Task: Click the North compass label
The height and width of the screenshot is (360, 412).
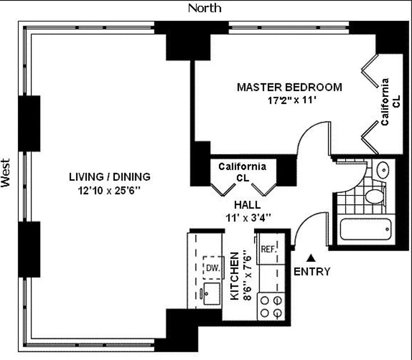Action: pos(204,8)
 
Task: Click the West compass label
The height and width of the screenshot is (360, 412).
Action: pos(5,172)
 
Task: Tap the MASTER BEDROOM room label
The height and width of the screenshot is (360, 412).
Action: pos(289,87)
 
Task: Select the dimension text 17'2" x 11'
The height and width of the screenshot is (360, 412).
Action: pos(290,100)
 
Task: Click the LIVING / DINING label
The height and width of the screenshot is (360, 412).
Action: pos(109,177)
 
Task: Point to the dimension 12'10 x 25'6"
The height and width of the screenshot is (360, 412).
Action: pos(109,190)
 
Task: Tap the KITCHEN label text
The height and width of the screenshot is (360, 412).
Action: pos(234,276)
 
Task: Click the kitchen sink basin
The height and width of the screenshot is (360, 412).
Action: pos(211,293)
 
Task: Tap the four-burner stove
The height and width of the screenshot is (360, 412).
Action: pos(272,306)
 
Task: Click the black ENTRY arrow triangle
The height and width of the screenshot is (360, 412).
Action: pos(311,258)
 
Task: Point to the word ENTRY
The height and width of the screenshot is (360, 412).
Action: pos(312,272)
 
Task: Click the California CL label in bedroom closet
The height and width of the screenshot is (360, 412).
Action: pos(390,102)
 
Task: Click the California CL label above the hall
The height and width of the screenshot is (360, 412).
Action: pos(242,172)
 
